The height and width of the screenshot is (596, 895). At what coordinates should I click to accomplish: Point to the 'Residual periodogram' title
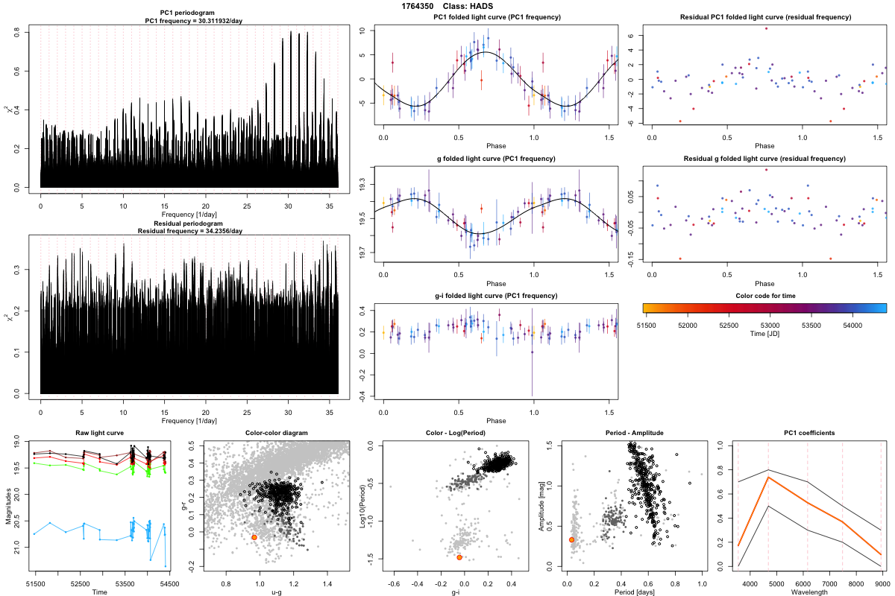tap(189, 223)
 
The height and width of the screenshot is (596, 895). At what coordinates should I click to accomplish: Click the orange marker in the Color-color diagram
tap(254, 537)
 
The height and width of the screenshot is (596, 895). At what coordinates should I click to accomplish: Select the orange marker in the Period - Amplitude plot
tap(571, 539)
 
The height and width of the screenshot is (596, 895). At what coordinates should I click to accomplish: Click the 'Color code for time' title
tap(764, 296)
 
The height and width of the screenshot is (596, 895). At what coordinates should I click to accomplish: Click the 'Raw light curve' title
tap(99, 434)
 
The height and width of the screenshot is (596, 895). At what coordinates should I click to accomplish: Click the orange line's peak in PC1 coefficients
tap(768, 478)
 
